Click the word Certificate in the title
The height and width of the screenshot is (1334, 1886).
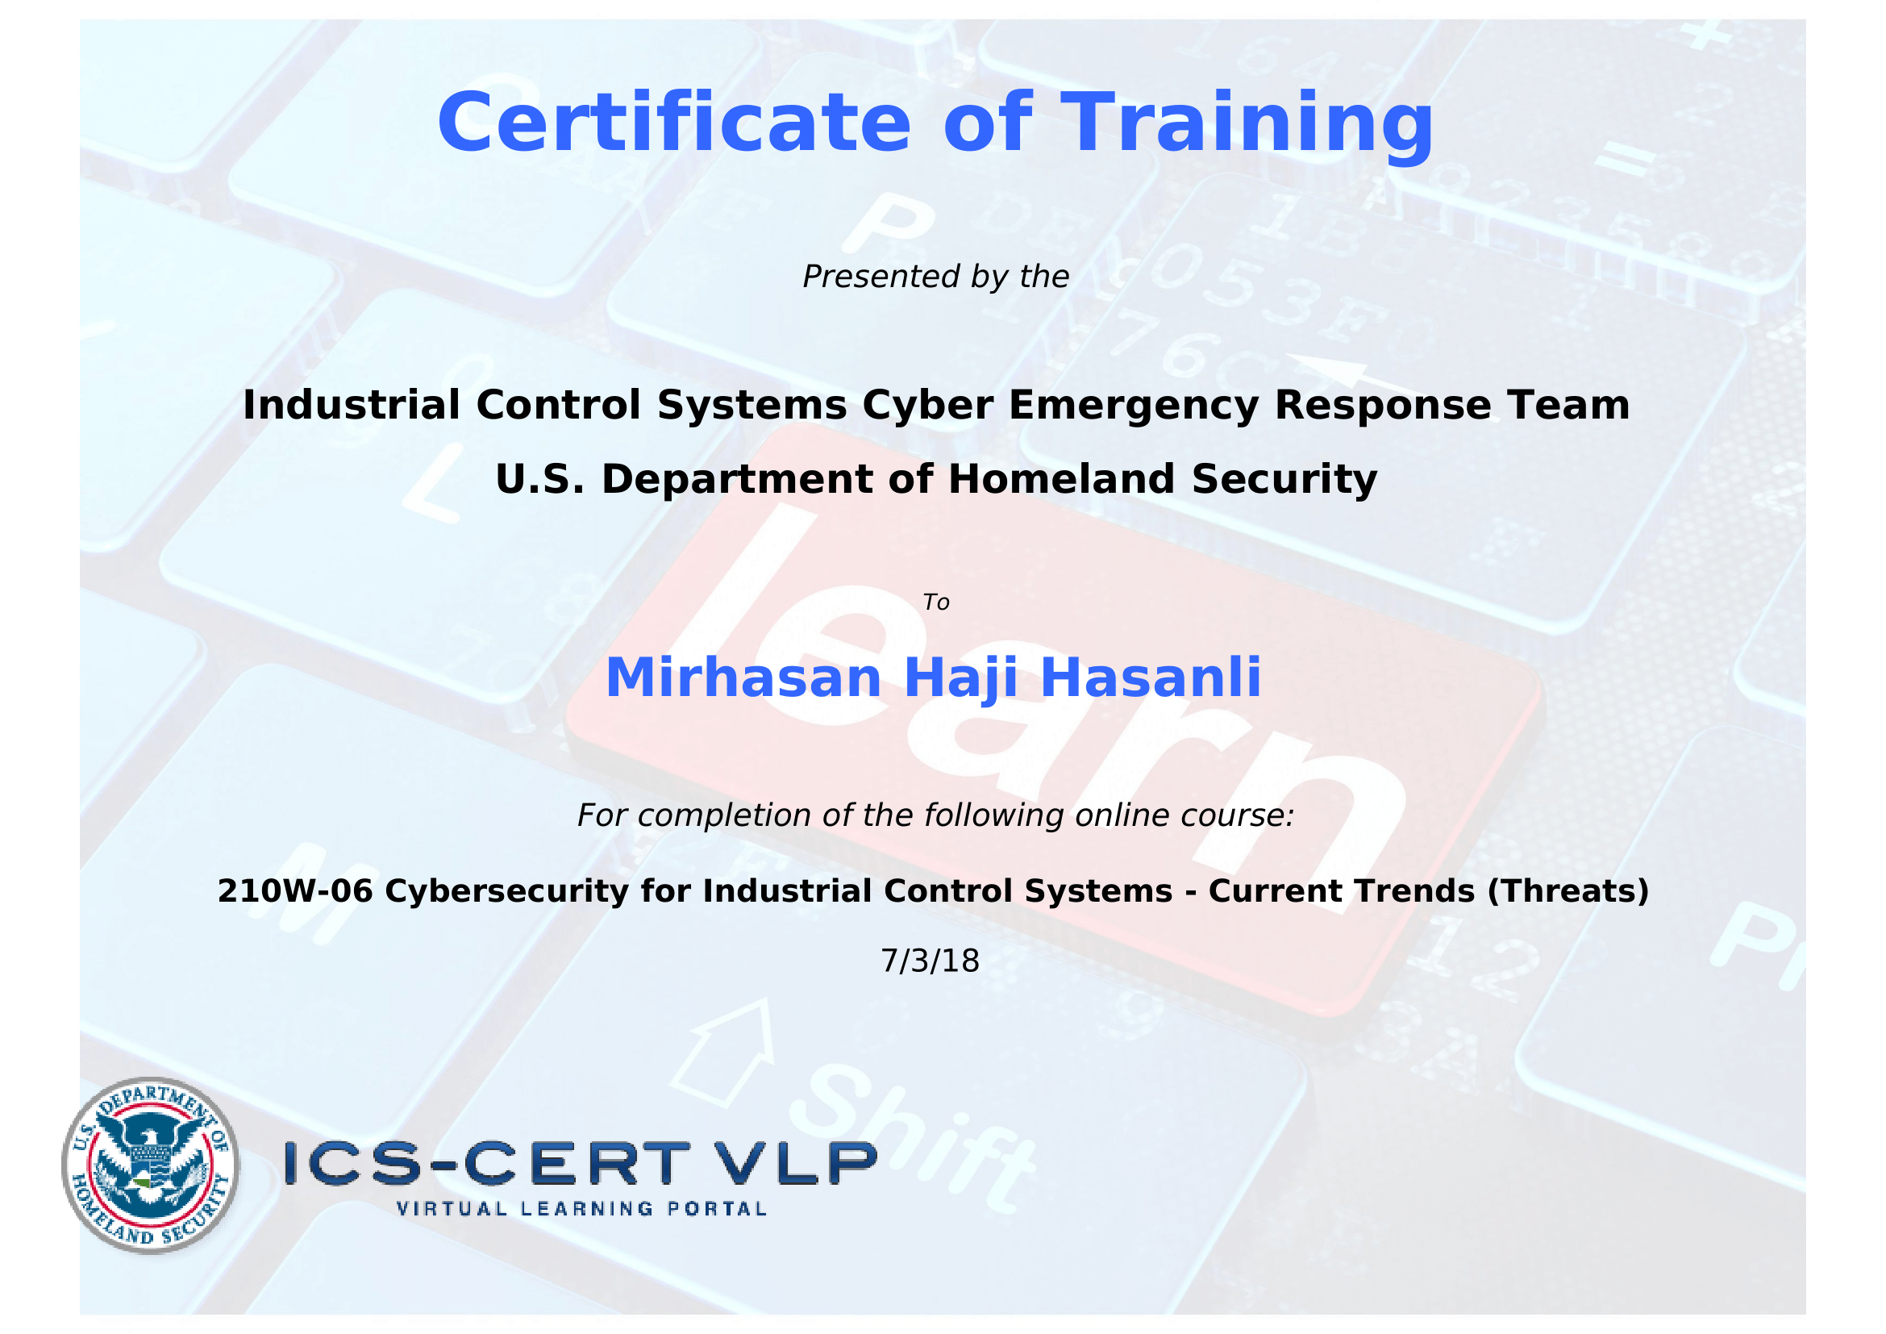673,123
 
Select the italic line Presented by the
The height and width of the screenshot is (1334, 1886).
935,277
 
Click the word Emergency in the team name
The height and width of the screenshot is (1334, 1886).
1134,406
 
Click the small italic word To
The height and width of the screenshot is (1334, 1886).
936,602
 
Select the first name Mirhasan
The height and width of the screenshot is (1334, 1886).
743,678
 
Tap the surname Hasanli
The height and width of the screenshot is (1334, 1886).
1150,677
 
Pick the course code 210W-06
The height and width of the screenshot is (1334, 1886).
295,891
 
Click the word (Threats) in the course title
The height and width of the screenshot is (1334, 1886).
1568,892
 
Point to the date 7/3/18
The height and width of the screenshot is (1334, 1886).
930,961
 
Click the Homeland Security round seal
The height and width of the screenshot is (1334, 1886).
150,1165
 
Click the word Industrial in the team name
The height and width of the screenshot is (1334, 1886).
352,405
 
